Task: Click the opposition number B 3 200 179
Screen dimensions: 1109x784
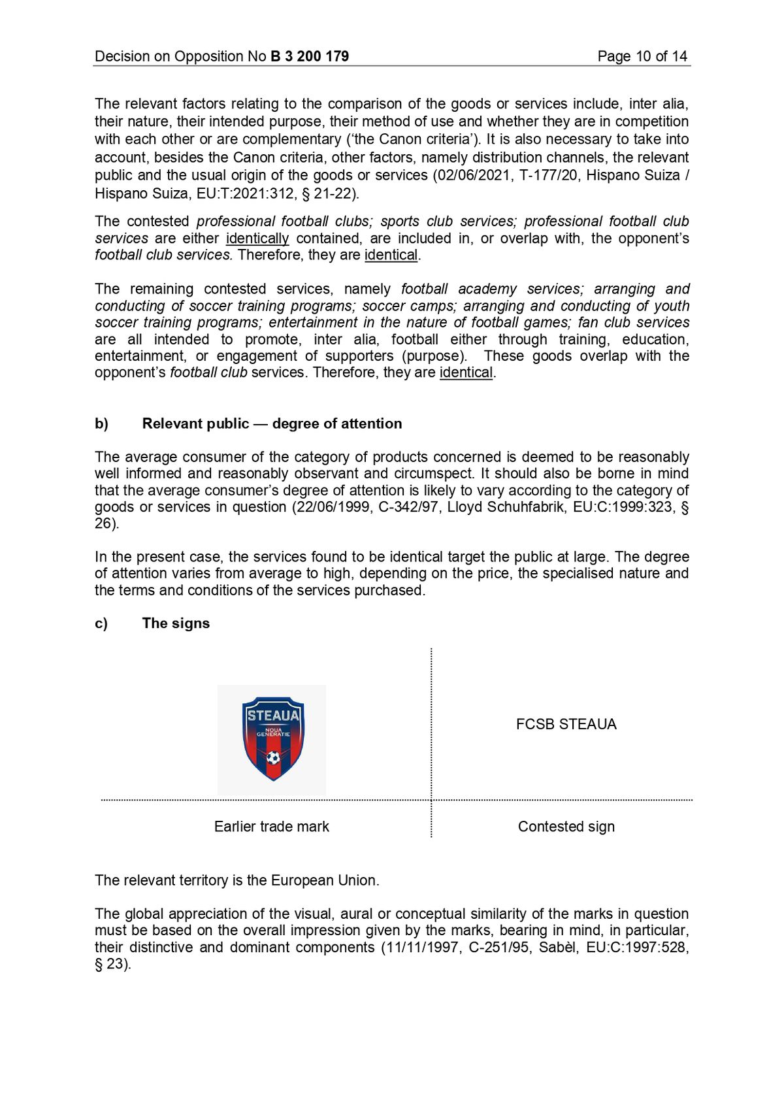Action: click(x=309, y=56)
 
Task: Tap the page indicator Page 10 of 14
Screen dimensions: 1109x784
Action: click(x=642, y=56)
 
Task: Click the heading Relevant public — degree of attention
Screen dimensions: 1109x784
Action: click(x=272, y=423)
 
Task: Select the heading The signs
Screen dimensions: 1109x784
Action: click(x=176, y=623)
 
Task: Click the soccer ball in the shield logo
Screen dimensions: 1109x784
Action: click(x=273, y=758)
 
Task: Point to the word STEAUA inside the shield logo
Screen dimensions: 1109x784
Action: click(x=273, y=716)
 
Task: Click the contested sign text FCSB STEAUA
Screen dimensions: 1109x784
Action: click(x=566, y=724)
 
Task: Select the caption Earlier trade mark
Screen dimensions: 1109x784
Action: click(x=271, y=827)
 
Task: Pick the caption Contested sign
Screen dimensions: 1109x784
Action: click(x=566, y=827)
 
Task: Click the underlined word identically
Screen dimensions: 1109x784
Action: click(x=257, y=239)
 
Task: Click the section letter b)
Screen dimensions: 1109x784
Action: click(x=101, y=423)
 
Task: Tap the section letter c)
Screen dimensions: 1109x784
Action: click(x=101, y=623)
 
